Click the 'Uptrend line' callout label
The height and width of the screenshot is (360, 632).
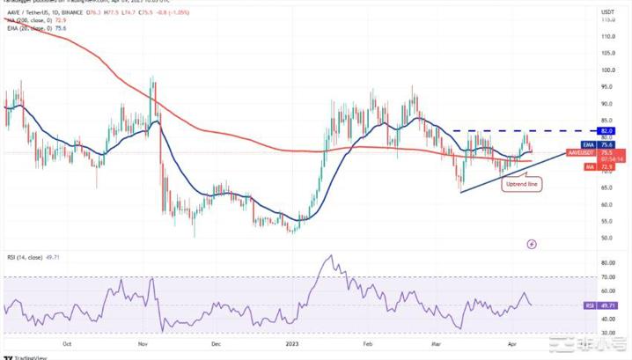coord(521,185)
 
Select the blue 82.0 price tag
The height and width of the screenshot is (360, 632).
coord(606,130)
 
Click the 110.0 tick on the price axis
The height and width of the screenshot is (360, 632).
coord(607,37)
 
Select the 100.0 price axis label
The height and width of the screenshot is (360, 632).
coord(607,70)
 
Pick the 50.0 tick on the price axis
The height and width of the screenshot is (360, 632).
coord(607,239)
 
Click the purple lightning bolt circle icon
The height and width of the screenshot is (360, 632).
coord(532,244)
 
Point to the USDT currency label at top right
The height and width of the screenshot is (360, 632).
coord(607,13)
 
